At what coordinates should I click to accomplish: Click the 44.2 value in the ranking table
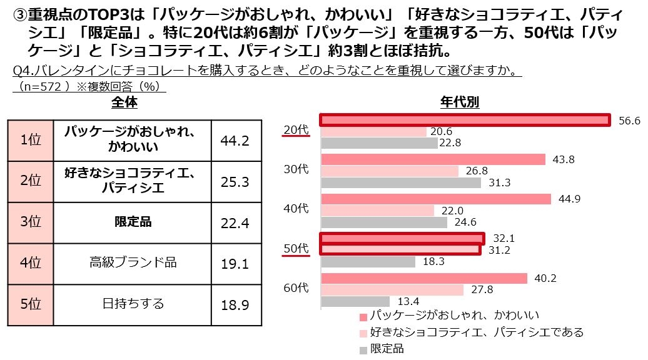point(235,141)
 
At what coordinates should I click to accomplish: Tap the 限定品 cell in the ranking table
point(133,222)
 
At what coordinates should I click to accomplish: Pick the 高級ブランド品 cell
point(133,262)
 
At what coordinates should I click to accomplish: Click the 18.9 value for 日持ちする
point(235,304)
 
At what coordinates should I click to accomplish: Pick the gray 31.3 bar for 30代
point(401,182)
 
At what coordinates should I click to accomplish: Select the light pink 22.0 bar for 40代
point(377,211)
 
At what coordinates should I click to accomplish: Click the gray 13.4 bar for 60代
point(355,301)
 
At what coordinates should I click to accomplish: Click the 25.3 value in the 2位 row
point(235,182)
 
